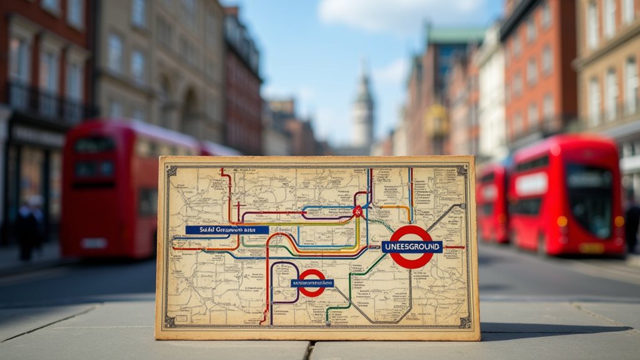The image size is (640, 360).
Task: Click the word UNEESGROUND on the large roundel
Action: (411, 247)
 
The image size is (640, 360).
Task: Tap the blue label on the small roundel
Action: (312, 283)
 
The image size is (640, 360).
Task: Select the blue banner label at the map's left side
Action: (227, 230)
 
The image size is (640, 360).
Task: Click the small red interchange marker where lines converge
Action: (358, 212)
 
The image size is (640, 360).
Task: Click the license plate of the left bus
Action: (93, 243)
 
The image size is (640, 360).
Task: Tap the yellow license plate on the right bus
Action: (591, 248)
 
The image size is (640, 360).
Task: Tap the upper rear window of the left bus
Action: (94, 145)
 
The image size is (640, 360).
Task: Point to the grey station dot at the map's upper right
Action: (463, 205)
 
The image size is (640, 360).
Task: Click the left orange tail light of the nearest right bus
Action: (562, 221)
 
